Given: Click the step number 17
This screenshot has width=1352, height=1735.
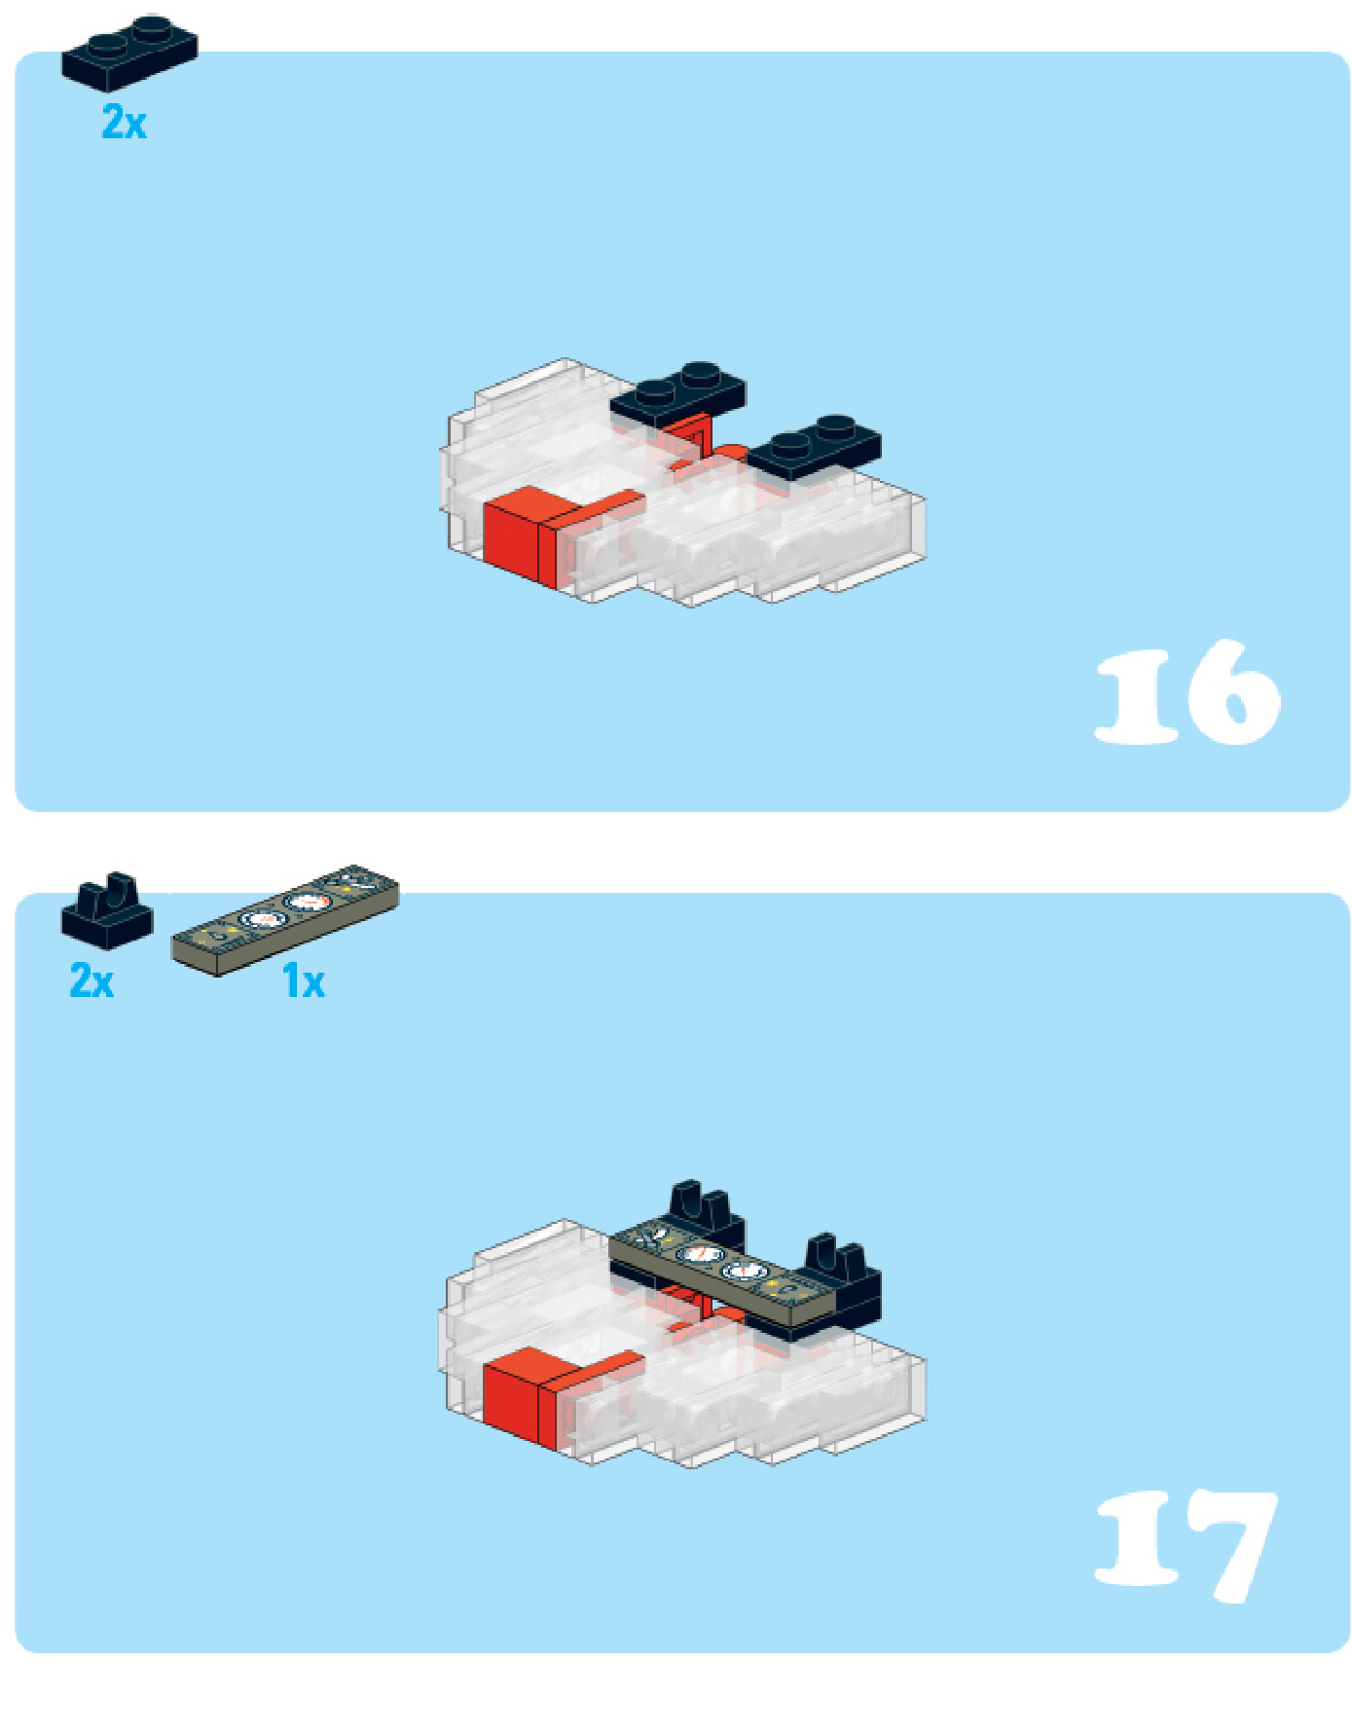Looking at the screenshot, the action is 1186,1546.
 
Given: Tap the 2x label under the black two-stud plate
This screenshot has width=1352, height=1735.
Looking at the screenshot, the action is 124,123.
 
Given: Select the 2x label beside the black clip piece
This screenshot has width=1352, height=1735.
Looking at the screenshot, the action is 91,979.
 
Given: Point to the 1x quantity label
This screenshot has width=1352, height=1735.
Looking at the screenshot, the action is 304,980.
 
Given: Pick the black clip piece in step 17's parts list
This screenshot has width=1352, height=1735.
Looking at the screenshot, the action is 107,910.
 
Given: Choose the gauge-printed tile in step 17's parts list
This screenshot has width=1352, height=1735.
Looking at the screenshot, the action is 285,919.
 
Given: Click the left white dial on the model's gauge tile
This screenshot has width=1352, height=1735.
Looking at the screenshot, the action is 700,1255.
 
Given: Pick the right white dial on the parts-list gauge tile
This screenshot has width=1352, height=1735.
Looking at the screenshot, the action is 308,903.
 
